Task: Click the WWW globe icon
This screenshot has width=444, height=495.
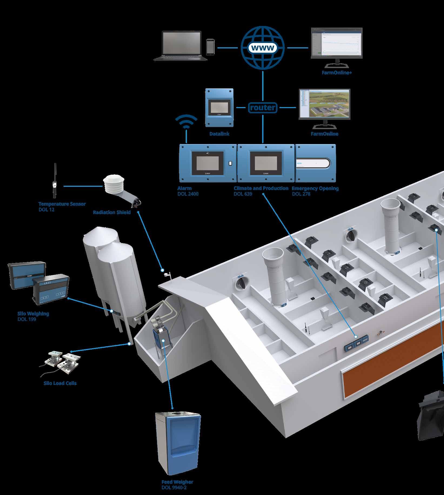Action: coord(263,48)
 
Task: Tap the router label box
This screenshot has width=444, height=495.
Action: coord(262,108)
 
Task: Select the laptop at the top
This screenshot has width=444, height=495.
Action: coord(181,46)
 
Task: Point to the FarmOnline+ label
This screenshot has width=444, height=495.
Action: coord(337,73)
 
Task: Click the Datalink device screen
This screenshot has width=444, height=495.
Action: coord(219,106)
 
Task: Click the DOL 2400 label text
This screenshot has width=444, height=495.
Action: coord(188,194)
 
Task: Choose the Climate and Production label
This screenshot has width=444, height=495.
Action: coord(261,188)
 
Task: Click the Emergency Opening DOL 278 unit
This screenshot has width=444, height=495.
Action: coord(315,163)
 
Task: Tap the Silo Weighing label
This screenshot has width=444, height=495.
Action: coord(33,314)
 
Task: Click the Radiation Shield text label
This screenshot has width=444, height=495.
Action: coord(112,212)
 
